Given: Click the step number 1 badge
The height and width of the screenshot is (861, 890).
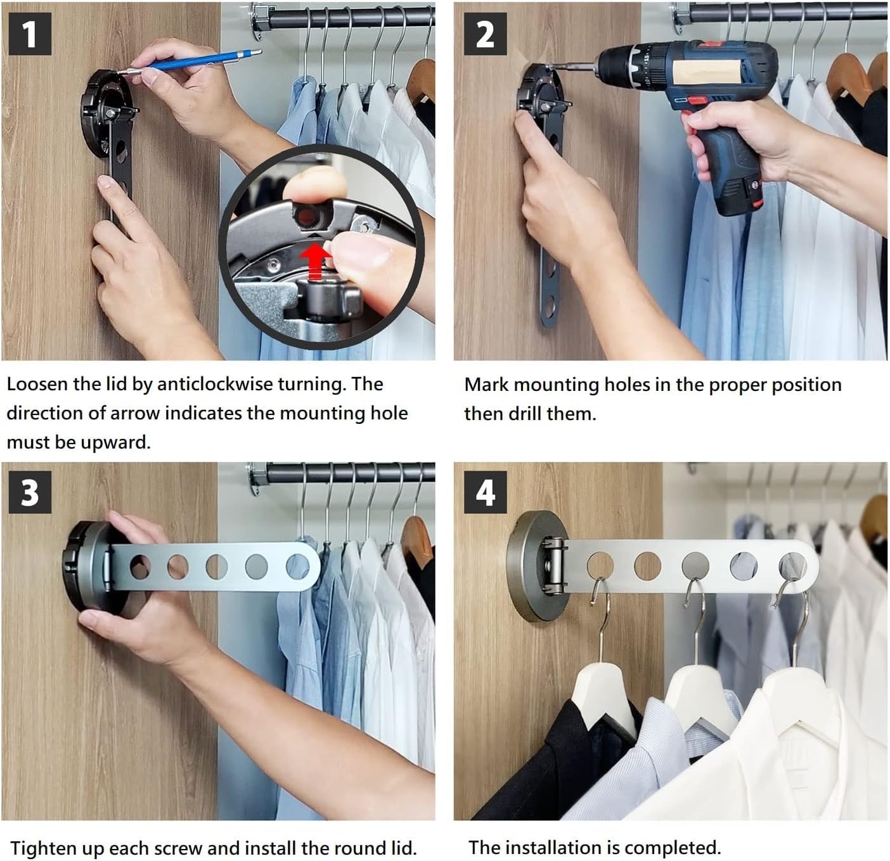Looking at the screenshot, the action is [x=30, y=34].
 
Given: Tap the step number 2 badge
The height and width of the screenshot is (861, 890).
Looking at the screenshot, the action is [x=485, y=34].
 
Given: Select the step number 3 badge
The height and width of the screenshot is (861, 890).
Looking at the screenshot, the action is [x=30, y=492].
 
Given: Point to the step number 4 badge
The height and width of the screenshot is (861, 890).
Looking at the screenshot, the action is [x=485, y=492].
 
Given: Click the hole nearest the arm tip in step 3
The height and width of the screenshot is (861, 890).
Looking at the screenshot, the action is [x=297, y=566].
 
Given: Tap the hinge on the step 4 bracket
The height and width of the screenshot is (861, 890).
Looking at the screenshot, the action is [x=553, y=565].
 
